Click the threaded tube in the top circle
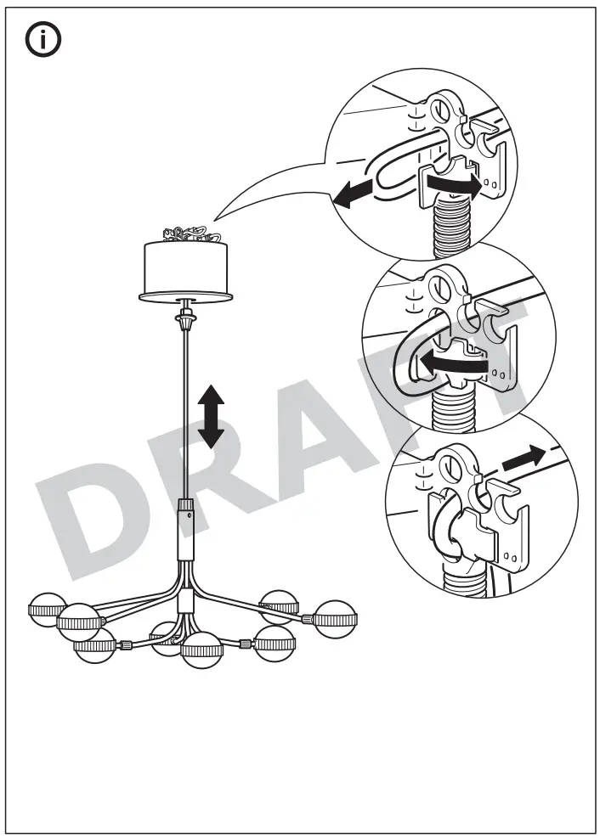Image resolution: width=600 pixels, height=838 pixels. pyautogui.click(x=454, y=225)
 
